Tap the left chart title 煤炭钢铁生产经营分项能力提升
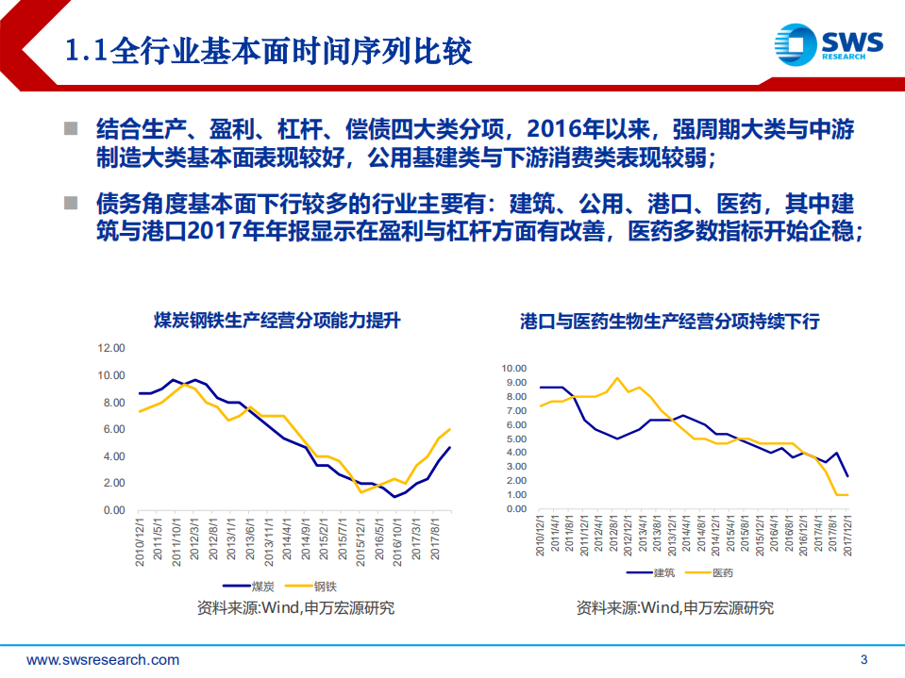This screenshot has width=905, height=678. tap(277, 321)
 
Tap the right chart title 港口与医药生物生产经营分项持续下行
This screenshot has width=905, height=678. tap(670, 322)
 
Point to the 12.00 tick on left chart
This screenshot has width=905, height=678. tap(110, 348)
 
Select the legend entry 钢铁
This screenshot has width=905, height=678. tap(326, 586)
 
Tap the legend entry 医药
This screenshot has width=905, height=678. tap(722, 572)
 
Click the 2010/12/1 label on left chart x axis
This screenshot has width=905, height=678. tap(140, 538)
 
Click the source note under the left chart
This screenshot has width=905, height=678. tap(295, 607)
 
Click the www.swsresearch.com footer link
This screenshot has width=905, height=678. tap(103, 659)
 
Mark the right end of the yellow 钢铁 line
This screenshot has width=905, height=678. tap(449, 430)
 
